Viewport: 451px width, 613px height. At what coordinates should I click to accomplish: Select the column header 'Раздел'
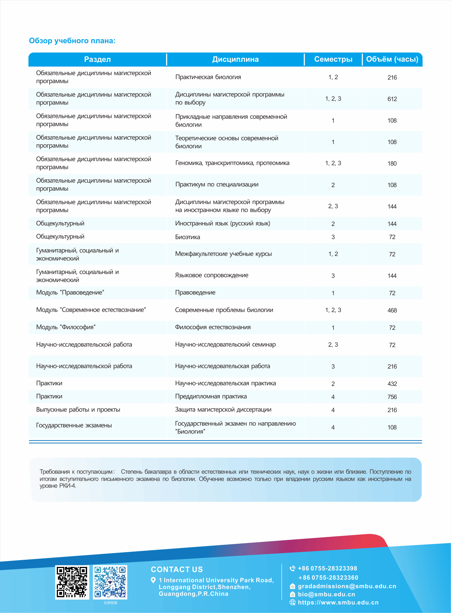(x=98, y=59)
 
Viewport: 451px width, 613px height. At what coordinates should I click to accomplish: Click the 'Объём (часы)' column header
(x=392, y=59)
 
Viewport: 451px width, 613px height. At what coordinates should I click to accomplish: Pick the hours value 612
(x=392, y=99)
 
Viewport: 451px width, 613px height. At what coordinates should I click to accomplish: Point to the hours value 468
(x=392, y=310)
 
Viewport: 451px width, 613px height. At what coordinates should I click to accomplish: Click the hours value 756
(x=392, y=397)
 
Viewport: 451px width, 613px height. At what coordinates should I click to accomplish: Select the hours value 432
(x=392, y=384)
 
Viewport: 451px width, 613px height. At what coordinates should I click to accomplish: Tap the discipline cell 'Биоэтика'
(x=188, y=237)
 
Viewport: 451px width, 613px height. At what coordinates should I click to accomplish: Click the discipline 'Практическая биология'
(x=208, y=77)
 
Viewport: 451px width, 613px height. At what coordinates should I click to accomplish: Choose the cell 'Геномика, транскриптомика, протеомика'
(x=232, y=163)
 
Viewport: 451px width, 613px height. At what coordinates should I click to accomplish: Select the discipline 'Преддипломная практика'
(x=211, y=396)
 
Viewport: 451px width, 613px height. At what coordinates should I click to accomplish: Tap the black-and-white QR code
(x=72, y=582)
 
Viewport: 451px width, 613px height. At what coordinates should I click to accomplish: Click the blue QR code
(x=110, y=582)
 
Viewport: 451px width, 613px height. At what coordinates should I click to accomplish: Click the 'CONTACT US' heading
(x=177, y=569)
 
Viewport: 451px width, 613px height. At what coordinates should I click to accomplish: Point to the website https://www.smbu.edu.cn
(x=338, y=602)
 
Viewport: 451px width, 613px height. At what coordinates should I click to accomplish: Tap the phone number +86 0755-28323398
(x=327, y=568)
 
